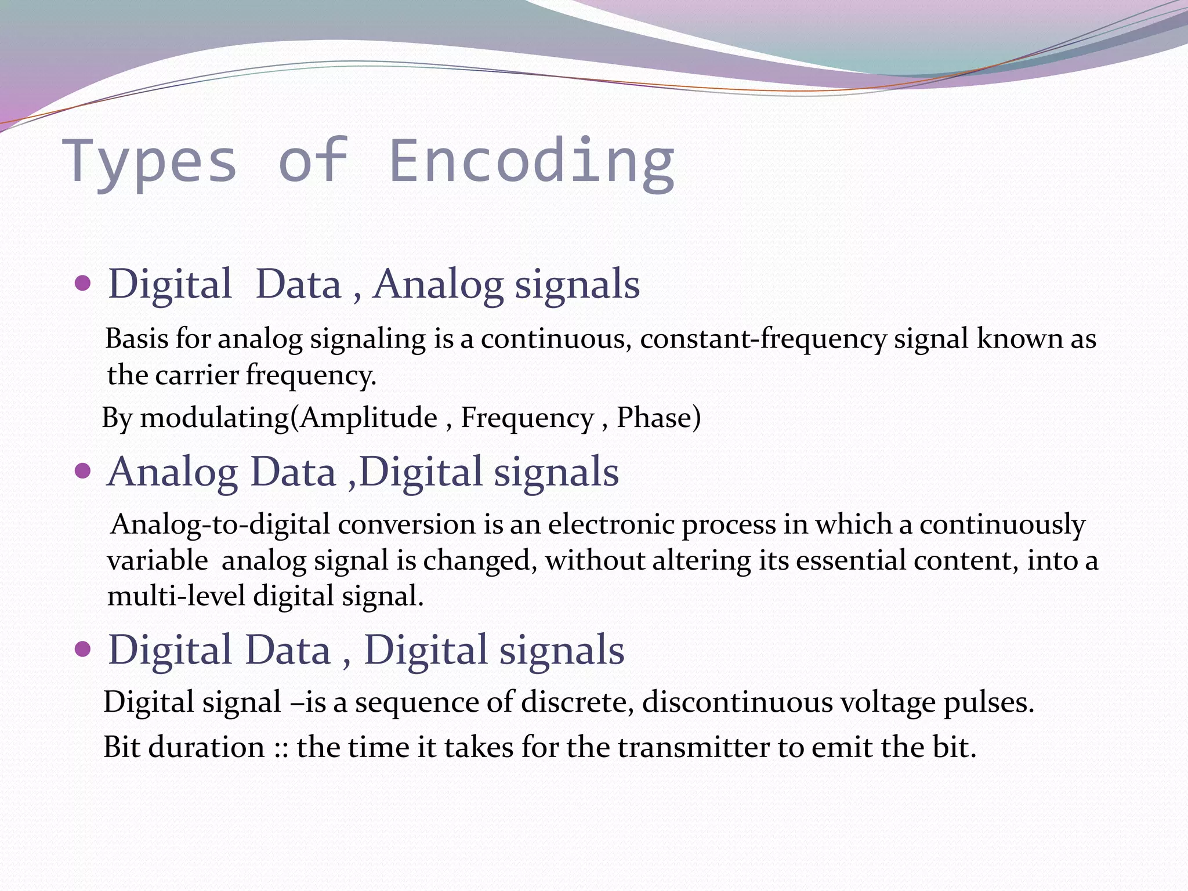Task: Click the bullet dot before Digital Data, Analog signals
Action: coord(84,284)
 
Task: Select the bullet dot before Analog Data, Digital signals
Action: coord(84,471)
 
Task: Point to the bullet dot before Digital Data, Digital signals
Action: coord(84,649)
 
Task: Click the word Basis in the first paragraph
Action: coord(136,338)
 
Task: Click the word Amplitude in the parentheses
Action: coord(369,418)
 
